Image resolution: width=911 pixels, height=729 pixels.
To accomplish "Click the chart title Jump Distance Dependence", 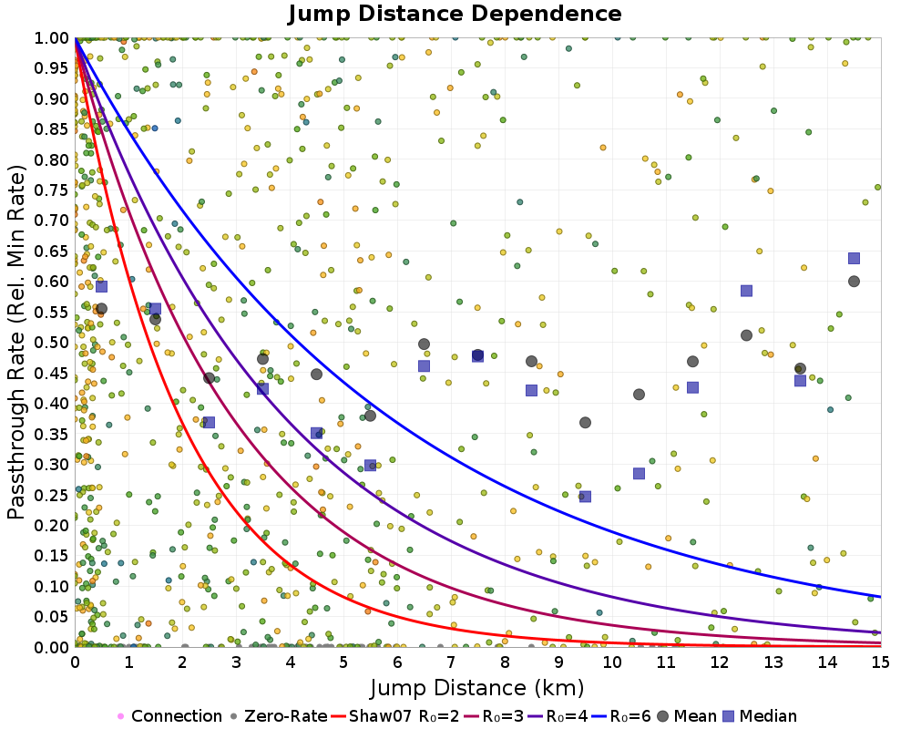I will tap(455, 14).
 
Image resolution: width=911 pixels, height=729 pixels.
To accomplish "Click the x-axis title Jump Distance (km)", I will tap(476, 686).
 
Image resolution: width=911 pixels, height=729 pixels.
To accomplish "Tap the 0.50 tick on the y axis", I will tap(52, 342).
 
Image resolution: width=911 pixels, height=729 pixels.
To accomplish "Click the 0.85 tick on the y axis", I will tap(52, 128).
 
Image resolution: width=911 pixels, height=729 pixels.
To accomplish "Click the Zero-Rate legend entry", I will tap(285, 716).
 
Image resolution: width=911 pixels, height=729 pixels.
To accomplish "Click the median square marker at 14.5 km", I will tap(854, 258).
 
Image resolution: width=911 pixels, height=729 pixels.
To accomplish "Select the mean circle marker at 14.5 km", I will tap(854, 281).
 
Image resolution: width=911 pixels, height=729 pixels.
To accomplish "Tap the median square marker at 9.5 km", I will tap(585, 497).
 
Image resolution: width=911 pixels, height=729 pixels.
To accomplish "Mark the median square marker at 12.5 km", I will tap(746, 291).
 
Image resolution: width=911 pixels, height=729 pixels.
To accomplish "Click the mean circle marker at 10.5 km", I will tap(639, 395).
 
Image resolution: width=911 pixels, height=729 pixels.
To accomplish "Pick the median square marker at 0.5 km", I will tap(101, 286).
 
